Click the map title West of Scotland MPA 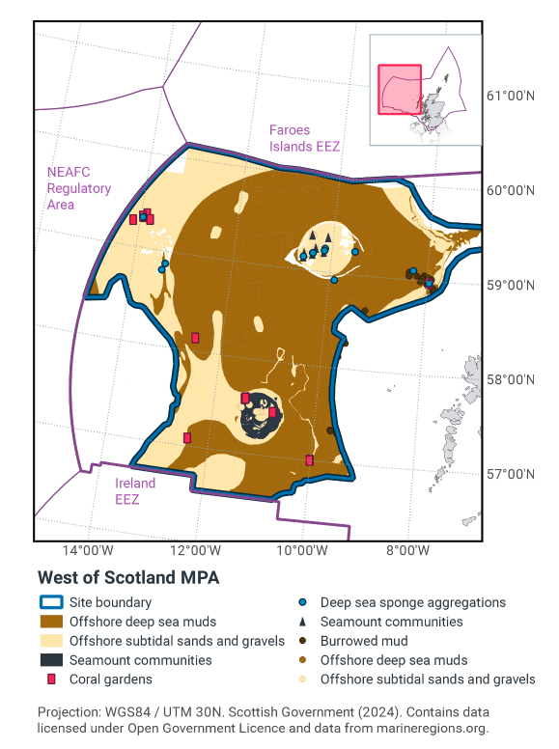point(127,577)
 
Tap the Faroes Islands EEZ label point(304,138)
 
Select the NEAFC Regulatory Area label point(78,188)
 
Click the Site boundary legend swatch point(55,603)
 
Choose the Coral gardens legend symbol point(55,680)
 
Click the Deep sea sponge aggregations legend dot point(303,603)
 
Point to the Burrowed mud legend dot point(303,641)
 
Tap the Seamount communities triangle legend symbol point(303,623)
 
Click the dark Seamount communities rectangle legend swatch point(55,660)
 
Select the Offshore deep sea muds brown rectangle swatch point(55,623)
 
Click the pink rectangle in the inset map point(398,88)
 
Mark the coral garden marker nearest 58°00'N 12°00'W point(195,338)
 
